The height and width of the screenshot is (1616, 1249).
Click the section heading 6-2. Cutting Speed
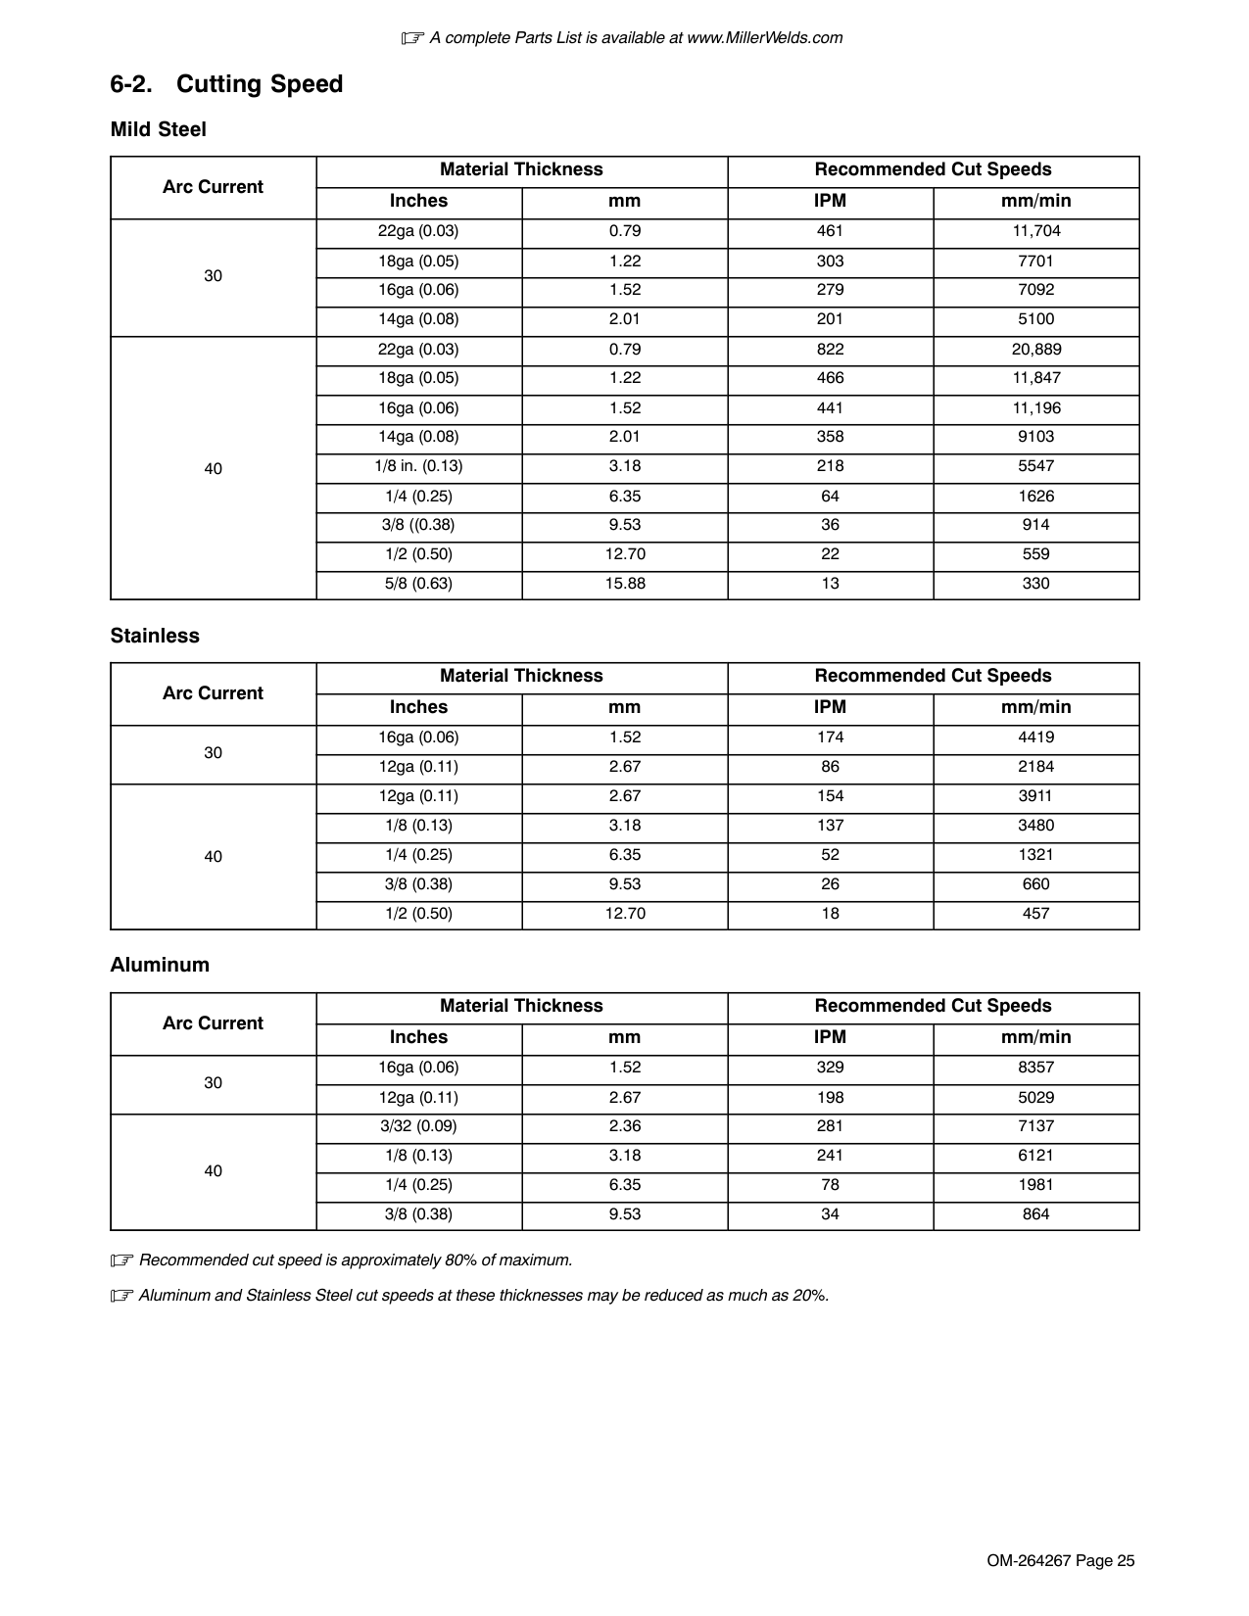[226, 84]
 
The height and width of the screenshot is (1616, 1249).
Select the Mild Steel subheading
[158, 129]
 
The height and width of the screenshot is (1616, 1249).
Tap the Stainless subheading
[155, 636]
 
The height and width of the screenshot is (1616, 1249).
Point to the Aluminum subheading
[160, 965]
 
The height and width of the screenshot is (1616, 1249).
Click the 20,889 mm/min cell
[1035, 350]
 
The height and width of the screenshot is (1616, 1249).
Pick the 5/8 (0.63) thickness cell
[418, 584]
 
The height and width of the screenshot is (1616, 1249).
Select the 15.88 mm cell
[624, 584]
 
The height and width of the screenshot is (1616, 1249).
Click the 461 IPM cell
[830, 231]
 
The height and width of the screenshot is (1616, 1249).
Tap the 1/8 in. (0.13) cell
[418, 466]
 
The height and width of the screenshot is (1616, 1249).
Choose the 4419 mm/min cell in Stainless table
[1035, 737]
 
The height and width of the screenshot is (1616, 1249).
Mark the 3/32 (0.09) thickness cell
[418, 1126]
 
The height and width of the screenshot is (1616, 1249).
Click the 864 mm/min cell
[1035, 1214]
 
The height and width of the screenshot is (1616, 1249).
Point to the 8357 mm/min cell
[1035, 1068]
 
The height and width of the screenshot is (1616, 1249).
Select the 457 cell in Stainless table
[1035, 914]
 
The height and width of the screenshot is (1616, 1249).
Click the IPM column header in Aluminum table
[830, 1037]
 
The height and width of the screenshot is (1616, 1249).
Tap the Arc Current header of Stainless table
[213, 693]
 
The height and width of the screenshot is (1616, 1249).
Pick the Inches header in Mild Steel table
[418, 201]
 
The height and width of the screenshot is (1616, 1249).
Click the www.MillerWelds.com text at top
[764, 38]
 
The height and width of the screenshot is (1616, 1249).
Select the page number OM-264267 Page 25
[1060, 1561]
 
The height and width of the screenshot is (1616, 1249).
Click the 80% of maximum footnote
[356, 1260]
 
